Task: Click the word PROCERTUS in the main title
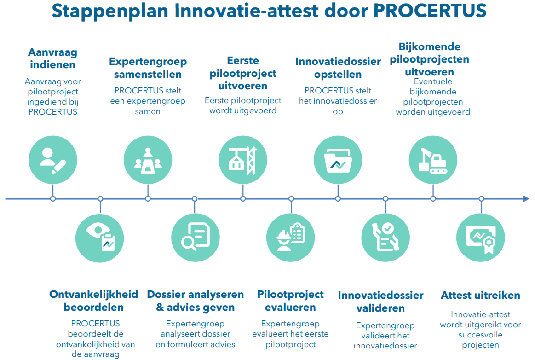point(430,11)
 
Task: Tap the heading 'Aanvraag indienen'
point(52,58)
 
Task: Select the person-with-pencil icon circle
point(53,160)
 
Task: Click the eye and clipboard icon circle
point(100,238)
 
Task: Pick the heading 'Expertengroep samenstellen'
point(148,68)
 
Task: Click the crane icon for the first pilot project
point(243,160)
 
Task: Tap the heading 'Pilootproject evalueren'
point(290,301)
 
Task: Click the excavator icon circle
point(433,160)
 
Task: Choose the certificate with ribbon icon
point(480,238)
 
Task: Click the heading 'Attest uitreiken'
point(480,295)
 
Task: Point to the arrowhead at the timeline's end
point(526,198)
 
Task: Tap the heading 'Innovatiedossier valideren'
point(381,302)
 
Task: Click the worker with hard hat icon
point(290,238)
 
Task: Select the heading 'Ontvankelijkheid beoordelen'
point(93,301)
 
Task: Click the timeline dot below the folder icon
point(338,198)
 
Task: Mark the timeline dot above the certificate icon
point(481,198)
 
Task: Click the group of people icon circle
point(148,160)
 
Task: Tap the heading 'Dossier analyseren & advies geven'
point(195,301)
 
